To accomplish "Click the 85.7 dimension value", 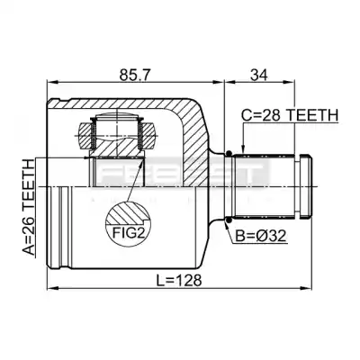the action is click(x=134, y=75).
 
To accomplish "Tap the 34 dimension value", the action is click(x=258, y=75).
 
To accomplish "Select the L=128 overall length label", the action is click(x=179, y=281).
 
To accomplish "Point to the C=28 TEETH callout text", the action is click(x=290, y=115).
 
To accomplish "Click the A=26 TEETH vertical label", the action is click(x=29, y=208).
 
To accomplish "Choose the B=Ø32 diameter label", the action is click(x=260, y=236).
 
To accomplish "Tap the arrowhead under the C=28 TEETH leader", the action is click(x=243, y=149).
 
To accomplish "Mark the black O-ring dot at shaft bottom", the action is click(x=229, y=221).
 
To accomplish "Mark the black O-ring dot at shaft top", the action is click(x=229, y=153).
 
